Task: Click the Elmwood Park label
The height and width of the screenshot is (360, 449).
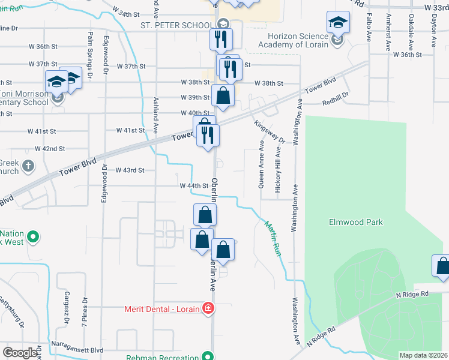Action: [x=355, y=222]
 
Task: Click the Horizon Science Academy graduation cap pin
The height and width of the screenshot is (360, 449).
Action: [x=339, y=23]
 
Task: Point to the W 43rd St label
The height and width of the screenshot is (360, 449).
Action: [x=130, y=170]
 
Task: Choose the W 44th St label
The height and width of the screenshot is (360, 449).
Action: [x=193, y=186]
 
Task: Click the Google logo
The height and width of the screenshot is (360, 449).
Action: [x=20, y=353]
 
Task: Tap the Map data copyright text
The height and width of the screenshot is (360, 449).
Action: [x=424, y=355]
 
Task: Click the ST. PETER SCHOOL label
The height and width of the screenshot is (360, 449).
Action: [x=176, y=26]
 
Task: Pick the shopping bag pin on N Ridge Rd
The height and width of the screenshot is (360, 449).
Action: [x=442, y=265]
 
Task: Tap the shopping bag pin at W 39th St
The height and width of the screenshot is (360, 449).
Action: [x=223, y=95]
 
